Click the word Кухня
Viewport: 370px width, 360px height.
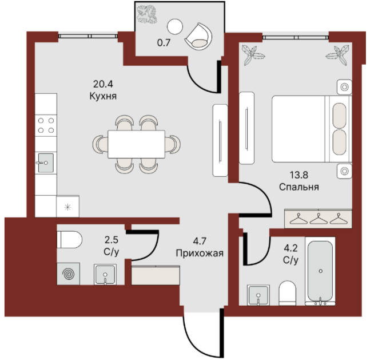tap(103, 96)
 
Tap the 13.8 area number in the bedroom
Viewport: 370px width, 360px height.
tap(299, 175)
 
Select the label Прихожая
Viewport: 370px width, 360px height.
tap(200, 253)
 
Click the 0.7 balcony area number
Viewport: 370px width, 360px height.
tap(164, 43)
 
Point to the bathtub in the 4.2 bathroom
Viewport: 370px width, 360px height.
tap(320, 271)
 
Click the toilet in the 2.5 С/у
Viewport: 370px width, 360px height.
tap(69, 240)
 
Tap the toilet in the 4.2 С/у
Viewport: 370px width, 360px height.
tap(287, 293)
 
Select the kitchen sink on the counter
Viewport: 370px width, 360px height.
tap(46, 163)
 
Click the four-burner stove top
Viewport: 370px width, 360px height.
tap(46, 125)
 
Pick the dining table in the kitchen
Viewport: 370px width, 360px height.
tap(136, 144)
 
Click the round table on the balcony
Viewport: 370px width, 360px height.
tap(175, 27)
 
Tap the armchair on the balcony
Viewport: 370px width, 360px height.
tap(198, 37)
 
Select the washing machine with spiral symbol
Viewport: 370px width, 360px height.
tap(69, 274)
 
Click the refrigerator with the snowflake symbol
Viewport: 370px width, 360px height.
tap(67, 206)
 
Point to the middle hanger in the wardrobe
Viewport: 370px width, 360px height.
tap(319, 219)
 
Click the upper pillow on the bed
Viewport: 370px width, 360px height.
tap(340, 116)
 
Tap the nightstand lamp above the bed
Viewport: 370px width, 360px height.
tap(344, 87)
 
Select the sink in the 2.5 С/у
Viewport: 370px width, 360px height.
tap(105, 275)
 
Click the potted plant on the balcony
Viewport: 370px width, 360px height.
tap(147, 14)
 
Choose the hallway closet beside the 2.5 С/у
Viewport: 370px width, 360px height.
tap(156, 275)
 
